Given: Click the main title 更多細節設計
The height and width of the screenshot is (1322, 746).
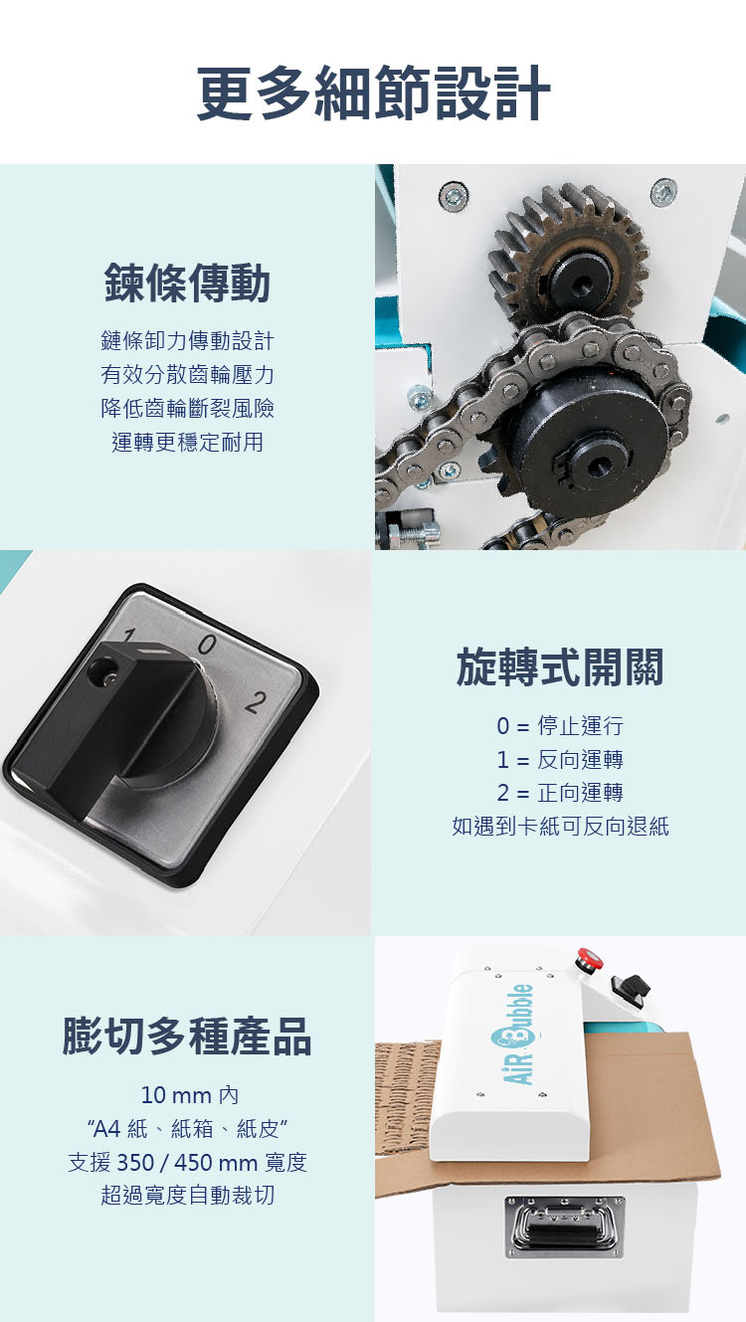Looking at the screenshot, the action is click(x=373, y=94).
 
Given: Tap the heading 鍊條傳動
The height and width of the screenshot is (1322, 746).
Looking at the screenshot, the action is click(x=187, y=283).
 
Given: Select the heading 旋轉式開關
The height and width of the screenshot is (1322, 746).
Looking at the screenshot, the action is click(x=560, y=666).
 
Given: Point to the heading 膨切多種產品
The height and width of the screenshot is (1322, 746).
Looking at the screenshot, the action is click(x=187, y=1037).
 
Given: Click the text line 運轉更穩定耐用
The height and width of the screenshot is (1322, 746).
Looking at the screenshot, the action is click(x=187, y=442).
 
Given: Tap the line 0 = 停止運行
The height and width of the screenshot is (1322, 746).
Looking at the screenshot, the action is click(x=560, y=725).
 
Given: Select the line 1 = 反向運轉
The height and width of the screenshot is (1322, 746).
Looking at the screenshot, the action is click(x=560, y=759).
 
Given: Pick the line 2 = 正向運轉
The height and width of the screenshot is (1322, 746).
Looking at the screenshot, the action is click(x=560, y=793).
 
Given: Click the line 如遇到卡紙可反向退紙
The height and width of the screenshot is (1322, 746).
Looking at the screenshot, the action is click(x=560, y=827).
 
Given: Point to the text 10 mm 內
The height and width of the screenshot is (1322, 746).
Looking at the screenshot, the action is click(x=189, y=1095).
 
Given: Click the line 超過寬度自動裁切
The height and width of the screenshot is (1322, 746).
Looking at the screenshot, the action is click(x=187, y=1195).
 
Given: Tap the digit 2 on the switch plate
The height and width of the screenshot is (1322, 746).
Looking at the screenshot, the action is click(x=256, y=702).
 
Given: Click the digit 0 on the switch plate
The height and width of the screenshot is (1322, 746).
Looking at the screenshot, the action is click(x=206, y=645).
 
